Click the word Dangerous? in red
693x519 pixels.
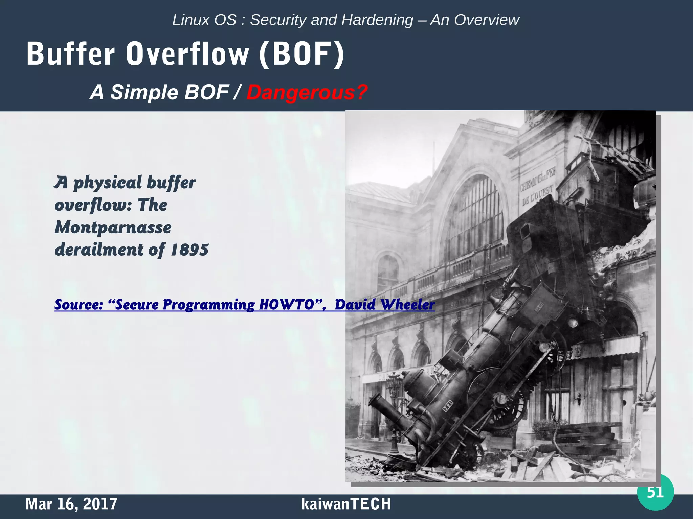[307, 92]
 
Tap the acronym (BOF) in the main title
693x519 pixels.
[301, 54]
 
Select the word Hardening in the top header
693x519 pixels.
[377, 20]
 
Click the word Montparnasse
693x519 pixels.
[113, 228]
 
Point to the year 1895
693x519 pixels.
[190, 250]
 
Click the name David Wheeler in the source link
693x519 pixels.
[384, 305]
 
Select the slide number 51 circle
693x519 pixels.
[655, 492]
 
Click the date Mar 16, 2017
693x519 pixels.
[71, 504]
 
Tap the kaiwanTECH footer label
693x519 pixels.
[346, 504]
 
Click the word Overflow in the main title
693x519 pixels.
[187, 54]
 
